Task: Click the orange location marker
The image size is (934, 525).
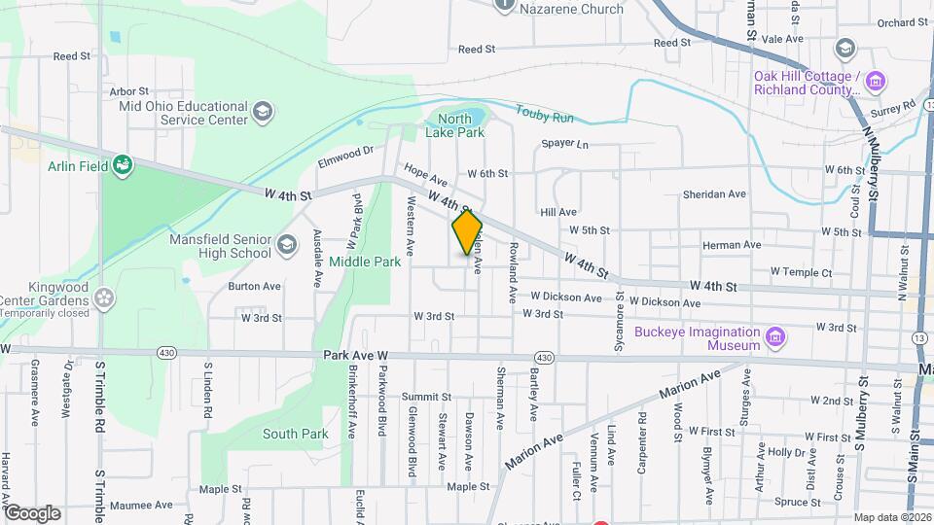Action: coord(467,232)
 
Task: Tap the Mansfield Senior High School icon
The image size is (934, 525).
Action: coord(286,244)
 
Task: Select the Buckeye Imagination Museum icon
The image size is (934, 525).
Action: coord(775,337)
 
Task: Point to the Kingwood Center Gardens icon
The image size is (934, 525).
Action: coord(106,300)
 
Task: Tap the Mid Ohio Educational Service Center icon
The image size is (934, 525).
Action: coord(261,113)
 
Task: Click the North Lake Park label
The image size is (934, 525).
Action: coord(454,125)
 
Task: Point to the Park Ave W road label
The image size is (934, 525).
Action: coord(356,357)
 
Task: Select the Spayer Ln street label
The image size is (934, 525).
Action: coord(565,144)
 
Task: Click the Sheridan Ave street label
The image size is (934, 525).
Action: coord(713,193)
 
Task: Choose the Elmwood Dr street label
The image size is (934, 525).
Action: coord(345,154)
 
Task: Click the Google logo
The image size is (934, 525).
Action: coord(32,512)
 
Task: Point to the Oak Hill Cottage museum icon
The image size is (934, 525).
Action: coord(876,82)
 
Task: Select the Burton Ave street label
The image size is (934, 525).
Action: coord(254,287)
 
